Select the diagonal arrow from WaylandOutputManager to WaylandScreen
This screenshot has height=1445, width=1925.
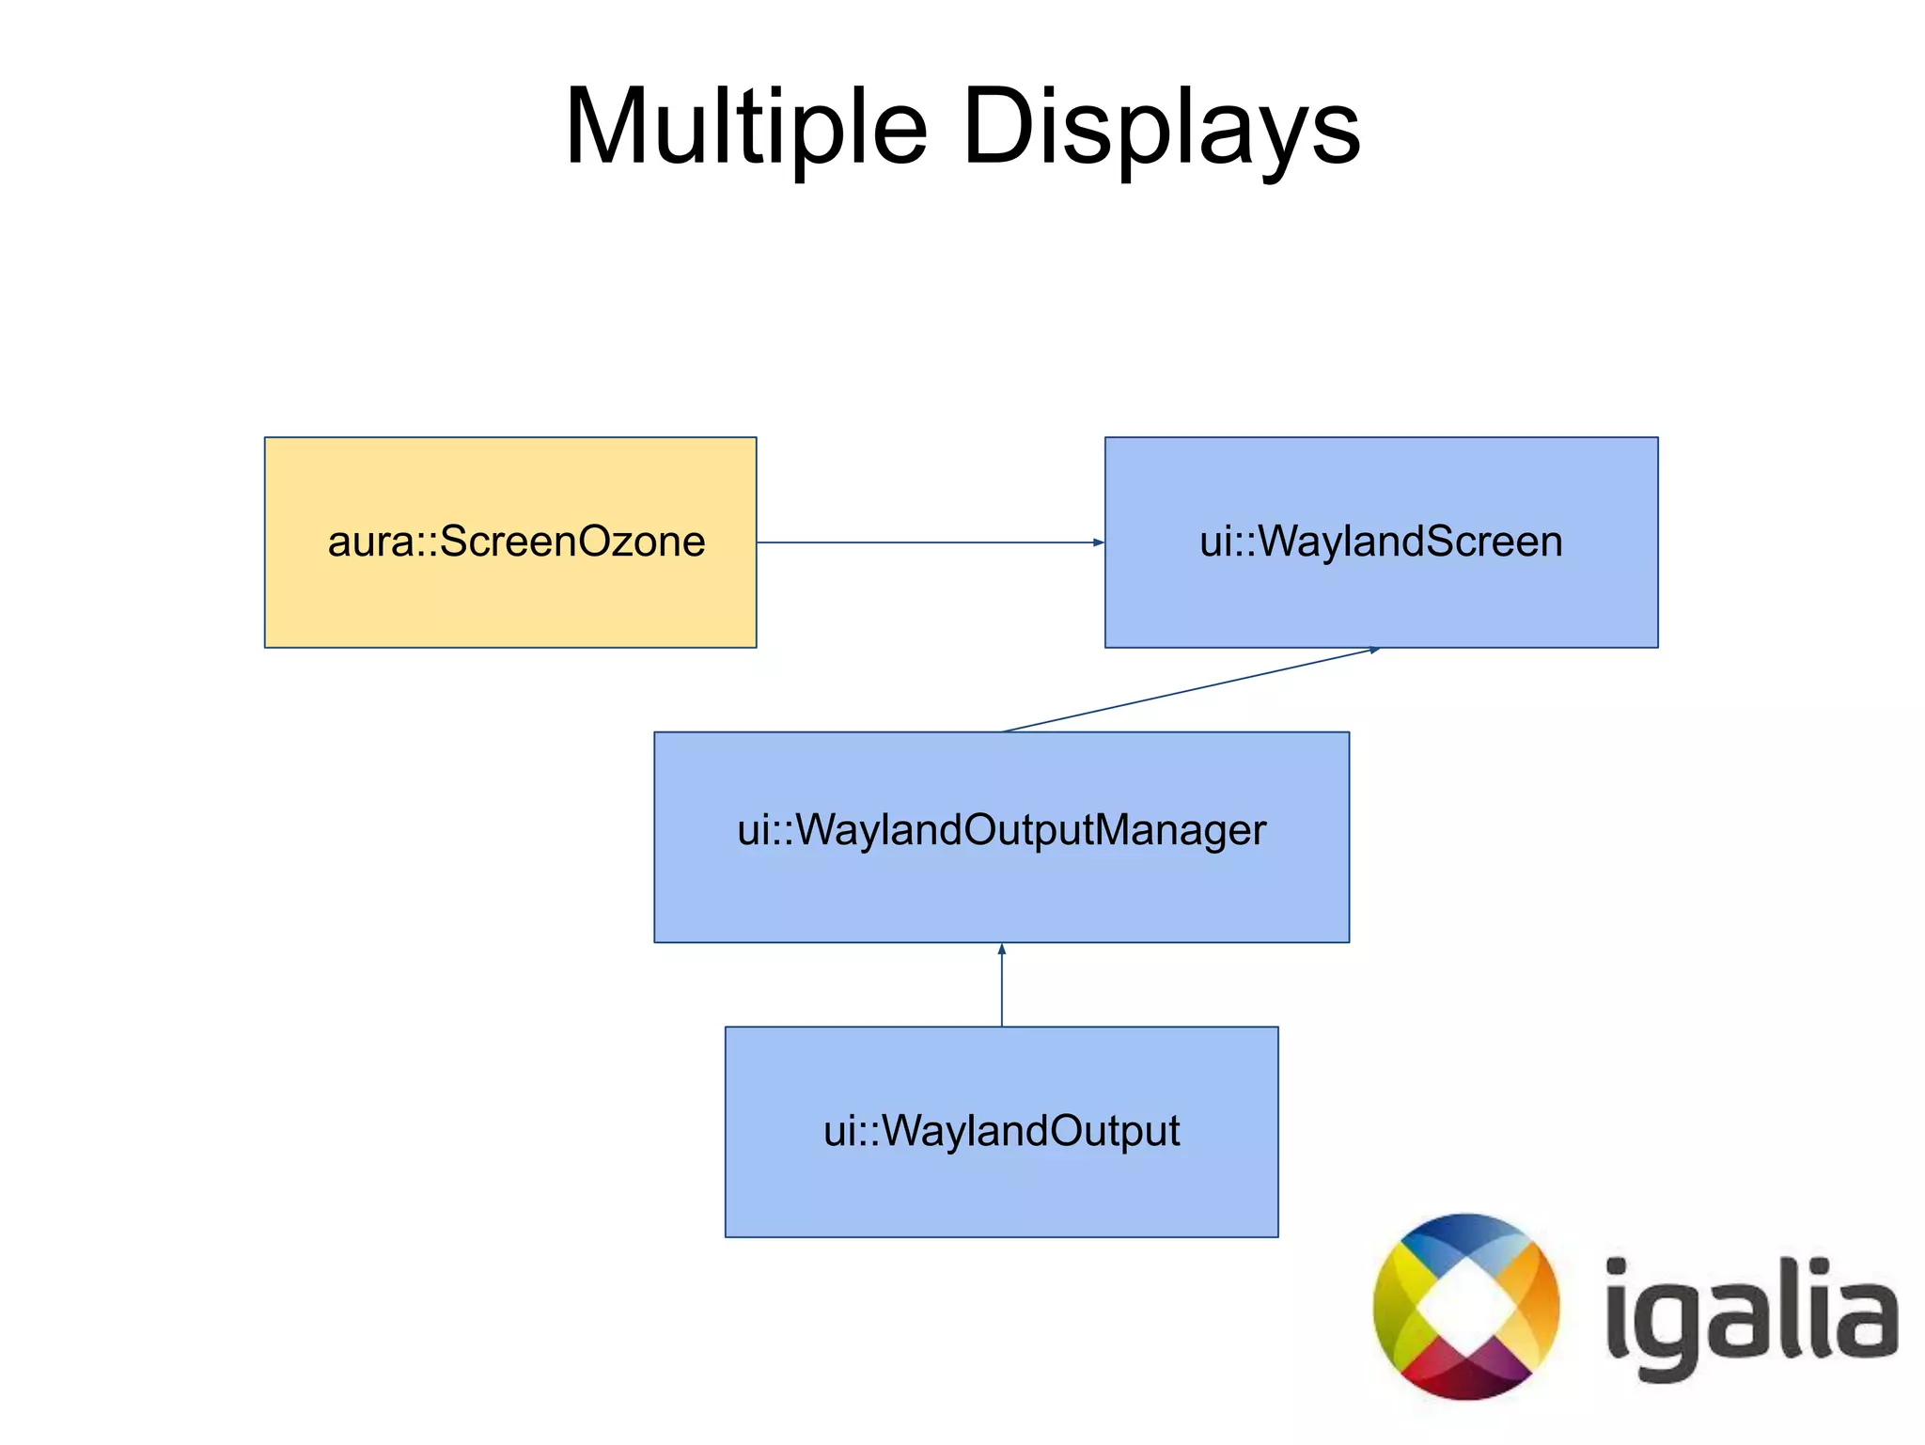[x=1189, y=689]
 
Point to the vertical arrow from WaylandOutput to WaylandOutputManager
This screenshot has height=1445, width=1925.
[x=1002, y=987]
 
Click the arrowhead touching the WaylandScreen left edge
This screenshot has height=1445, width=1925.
[x=1098, y=542]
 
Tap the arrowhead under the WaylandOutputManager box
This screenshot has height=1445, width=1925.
[x=1002, y=950]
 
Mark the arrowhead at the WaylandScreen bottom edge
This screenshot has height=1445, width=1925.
[x=1373, y=650]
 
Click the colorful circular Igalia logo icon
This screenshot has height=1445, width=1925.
[x=1466, y=1306]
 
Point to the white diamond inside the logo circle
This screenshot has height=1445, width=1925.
[x=1464, y=1307]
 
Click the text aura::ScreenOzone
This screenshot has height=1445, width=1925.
[x=516, y=542]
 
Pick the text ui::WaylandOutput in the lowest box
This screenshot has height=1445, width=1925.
[x=1001, y=1131]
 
